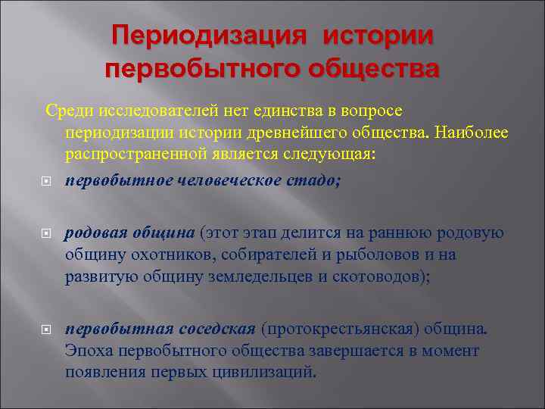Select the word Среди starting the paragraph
66,111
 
